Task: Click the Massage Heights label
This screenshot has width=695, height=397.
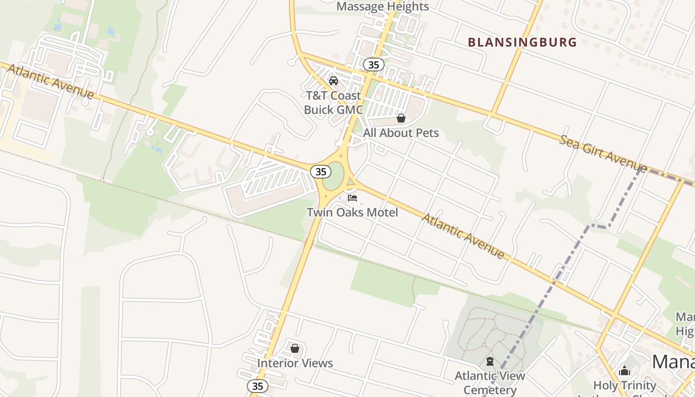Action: [382, 6]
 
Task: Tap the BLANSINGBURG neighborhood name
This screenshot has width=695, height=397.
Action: [522, 42]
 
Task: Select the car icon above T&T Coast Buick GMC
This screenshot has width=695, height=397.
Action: [334, 80]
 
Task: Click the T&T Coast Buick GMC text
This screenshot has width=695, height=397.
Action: [333, 103]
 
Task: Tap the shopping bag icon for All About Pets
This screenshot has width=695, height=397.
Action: [401, 118]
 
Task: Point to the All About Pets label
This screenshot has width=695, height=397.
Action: [401, 133]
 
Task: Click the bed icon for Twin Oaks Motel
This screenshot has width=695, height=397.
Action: [352, 198]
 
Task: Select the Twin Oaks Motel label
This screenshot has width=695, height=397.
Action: [352, 212]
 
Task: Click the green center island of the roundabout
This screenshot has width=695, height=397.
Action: [334, 176]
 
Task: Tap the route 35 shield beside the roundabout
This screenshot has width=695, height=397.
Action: [321, 172]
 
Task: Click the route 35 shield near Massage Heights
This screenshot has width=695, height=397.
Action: [373, 65]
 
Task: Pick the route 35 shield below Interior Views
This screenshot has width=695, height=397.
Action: [257, 386]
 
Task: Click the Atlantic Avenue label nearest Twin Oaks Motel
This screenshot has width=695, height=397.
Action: [463, 236]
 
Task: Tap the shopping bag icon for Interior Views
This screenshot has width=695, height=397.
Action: [295, 348]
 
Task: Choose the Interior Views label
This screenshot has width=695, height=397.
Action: [295, 363]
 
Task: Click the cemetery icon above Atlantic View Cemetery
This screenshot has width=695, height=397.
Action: [490, 361]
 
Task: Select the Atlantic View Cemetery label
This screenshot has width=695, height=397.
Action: [490, 382]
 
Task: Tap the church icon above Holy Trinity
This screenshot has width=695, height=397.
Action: [625, 371]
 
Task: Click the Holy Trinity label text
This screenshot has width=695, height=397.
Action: [625, 385]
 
